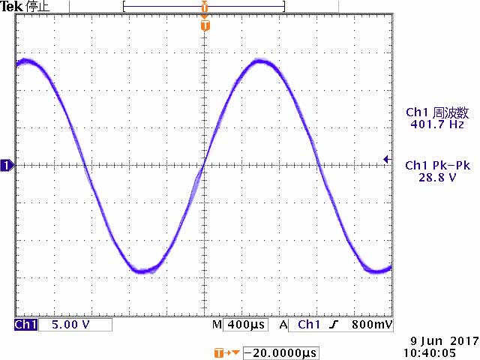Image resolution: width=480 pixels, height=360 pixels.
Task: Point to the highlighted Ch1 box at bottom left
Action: click(x=25, y=325)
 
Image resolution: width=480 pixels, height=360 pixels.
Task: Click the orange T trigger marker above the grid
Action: click(x=205, y=26)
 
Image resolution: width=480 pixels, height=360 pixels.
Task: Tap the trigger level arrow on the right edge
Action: click(x=386, y=159)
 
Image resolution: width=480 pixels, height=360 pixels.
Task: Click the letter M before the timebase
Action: click(x=216, y=325)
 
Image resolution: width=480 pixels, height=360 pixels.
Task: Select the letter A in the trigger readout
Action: click(x=283, y=325)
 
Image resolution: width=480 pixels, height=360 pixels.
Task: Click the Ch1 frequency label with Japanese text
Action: click(x=437, y=112)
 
